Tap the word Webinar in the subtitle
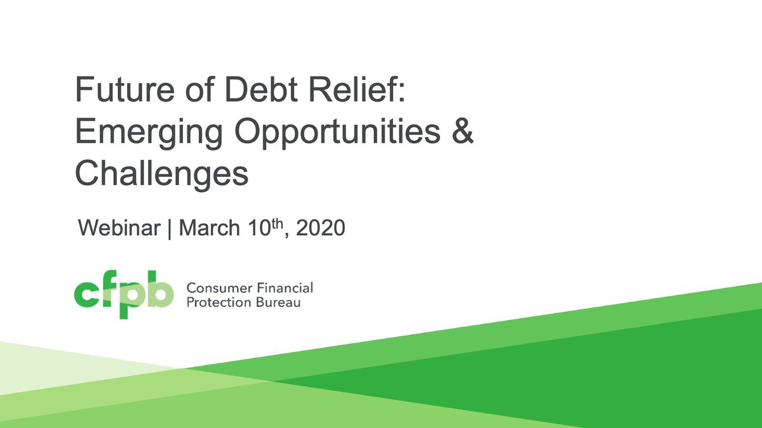click(118, 228)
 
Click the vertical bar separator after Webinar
click(170, 229)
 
